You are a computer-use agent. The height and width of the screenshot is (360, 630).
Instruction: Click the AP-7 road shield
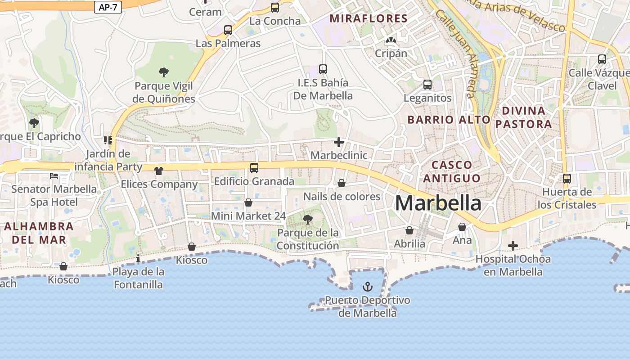point(108,7)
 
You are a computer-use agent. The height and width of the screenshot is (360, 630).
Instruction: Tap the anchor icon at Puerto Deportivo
point(368,287)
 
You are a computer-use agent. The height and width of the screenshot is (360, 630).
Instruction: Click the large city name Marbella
point(438,203)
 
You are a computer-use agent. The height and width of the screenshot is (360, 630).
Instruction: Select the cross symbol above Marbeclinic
point(339,143)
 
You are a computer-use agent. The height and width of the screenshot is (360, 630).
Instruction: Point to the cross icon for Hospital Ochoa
point(513,246)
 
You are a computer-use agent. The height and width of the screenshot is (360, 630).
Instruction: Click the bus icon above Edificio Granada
point(254,168)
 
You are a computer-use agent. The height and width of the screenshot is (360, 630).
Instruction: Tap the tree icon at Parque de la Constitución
point(308,220)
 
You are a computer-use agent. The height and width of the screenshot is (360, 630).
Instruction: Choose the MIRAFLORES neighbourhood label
point(369,19)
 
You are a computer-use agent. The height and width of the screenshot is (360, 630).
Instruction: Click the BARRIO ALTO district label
point(449,120)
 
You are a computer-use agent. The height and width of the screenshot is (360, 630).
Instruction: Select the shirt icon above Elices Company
point(159,171)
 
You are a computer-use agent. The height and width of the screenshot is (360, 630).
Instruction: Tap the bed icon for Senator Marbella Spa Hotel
point(54,175)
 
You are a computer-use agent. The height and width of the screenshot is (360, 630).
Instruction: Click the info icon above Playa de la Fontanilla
point(138,259)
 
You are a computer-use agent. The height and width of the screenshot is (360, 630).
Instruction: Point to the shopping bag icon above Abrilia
point(409,231)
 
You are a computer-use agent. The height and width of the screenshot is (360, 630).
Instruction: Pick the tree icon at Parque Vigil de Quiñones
point(164,72)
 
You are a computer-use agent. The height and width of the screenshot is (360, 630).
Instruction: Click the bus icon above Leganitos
point(427,85)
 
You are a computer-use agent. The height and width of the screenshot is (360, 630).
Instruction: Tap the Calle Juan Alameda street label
point(455,54)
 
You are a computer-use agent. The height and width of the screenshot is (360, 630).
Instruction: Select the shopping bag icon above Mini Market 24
point(248,203)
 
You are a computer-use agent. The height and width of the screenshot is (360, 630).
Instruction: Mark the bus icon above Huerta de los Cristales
point(567,179)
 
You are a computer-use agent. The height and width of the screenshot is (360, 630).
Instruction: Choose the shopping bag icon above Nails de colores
point(342,184)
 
